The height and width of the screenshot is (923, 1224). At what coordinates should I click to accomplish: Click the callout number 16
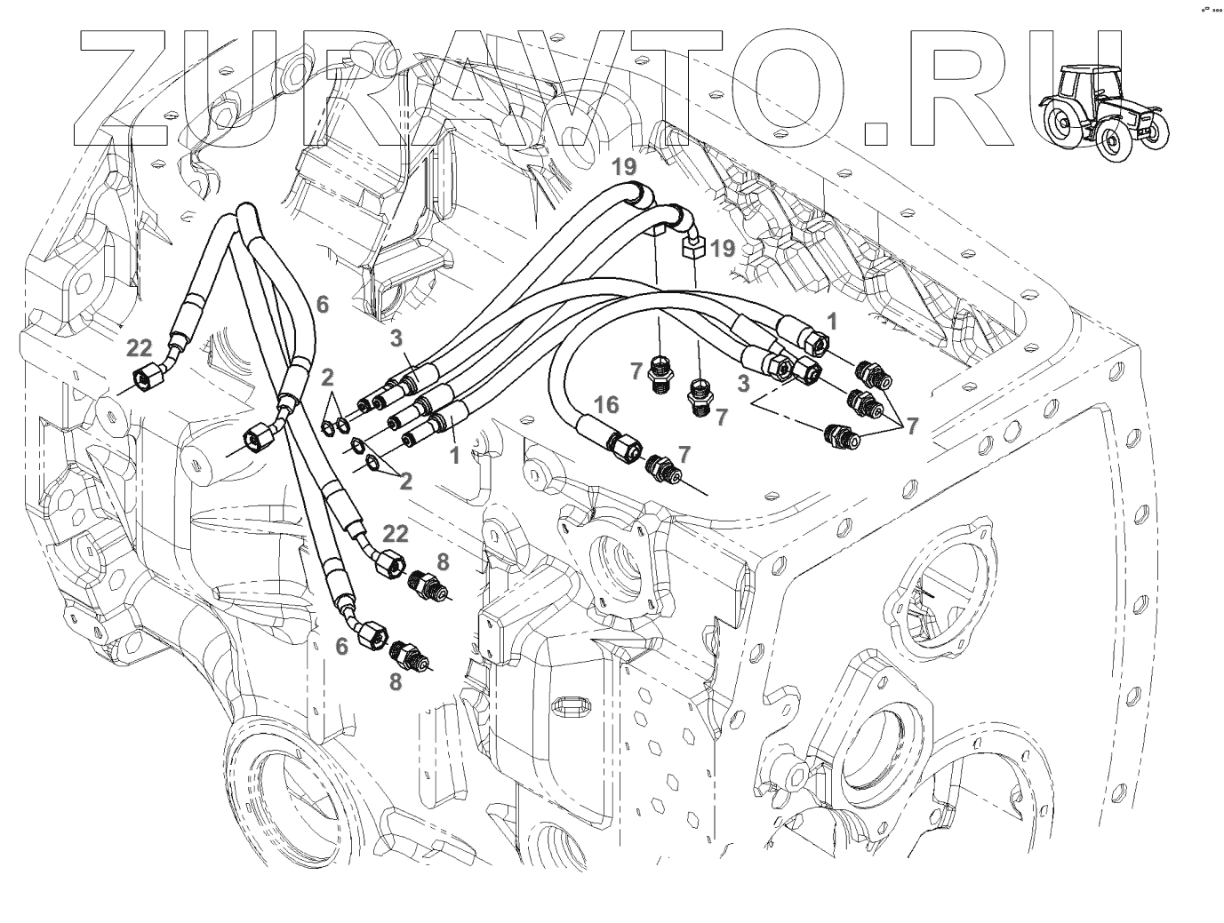coord(607,405)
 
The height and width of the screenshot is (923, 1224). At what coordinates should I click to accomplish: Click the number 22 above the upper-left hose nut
coord(140,349)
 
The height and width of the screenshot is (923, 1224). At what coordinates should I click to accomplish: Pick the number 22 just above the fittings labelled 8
coord(395,533)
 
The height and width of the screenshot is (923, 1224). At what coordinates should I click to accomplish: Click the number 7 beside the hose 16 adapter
coord(683,454)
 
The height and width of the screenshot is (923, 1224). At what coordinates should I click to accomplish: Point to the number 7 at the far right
coord(912,426)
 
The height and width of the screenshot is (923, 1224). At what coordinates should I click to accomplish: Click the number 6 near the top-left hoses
coord(322,305)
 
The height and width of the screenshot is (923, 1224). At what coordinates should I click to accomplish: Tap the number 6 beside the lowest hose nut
coord(341,648)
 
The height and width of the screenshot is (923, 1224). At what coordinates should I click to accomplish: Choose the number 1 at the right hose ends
coord(831,321)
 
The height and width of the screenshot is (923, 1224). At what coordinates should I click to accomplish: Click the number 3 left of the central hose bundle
coord(397,337)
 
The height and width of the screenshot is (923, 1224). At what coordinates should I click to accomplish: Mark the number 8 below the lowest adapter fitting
coord(395,680)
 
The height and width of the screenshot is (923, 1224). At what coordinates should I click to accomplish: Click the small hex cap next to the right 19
coord(693,247)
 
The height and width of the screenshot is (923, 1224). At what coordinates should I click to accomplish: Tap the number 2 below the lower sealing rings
coord(405,481)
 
